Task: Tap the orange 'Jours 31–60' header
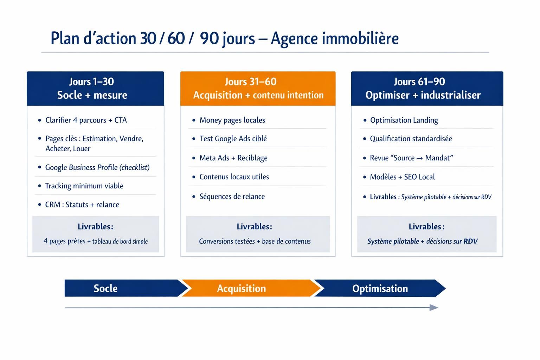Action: (x=258, y=88)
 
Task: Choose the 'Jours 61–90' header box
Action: (x=427, y=88)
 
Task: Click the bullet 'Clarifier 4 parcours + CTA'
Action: (x=86, y=120)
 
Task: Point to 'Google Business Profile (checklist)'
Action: (x=97, y=167)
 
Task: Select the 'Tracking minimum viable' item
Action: (x=84, y=186)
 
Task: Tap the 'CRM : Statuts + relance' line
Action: (x=82, y=205)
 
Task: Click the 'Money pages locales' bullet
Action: (x=232, y=120)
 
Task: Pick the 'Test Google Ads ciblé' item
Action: (x=233, y=139)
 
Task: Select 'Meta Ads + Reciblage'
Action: (x=233, y=158)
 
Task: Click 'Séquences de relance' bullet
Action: (x=232, y=197)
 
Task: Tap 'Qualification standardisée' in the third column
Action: (x=411, y=139)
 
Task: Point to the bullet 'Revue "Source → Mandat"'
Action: (x=411, y=158)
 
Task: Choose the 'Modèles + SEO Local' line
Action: (x=402, y=177)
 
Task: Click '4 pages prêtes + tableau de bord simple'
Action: (x=96, y=241)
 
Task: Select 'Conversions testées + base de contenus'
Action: (x=255, y=241)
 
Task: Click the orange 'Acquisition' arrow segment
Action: (x=246, y=288)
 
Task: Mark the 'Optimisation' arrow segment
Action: (x=380, y=288)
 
